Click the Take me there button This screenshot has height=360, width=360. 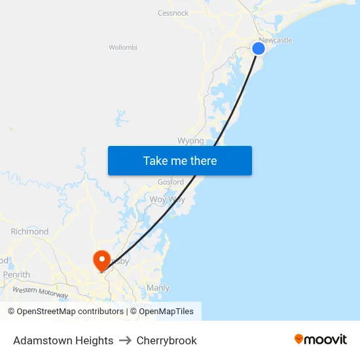click(x=180, y=160)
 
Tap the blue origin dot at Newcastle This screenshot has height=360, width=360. click(x=259, y=48)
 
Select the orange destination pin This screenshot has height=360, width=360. click(x=101, y=261)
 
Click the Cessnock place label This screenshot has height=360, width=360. click(x=173, y=13)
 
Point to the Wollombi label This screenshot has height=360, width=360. click(x=122, y=47)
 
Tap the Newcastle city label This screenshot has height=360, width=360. click(x=276, y=40)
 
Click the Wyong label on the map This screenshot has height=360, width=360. click(x=190, y=141)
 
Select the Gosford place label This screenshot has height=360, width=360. click(x=170, y=182)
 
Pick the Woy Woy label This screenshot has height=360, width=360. click(x=167, y=199)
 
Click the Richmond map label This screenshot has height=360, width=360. click(x=29, y=232)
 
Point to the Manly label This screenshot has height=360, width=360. click(x=158, y=288)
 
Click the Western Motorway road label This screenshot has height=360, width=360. click(x=40, y=293)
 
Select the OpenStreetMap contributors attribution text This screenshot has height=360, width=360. click(x=70, y=312)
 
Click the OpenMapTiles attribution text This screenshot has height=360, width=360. click(x=166, y=312)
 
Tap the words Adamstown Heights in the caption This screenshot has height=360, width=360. click(x=63, y=340)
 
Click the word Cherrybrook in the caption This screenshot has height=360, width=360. click(x=166, y=340)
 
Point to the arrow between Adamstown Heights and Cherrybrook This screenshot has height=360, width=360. click(x=125, y=340)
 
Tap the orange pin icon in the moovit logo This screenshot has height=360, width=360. click(x=299, y=339)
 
